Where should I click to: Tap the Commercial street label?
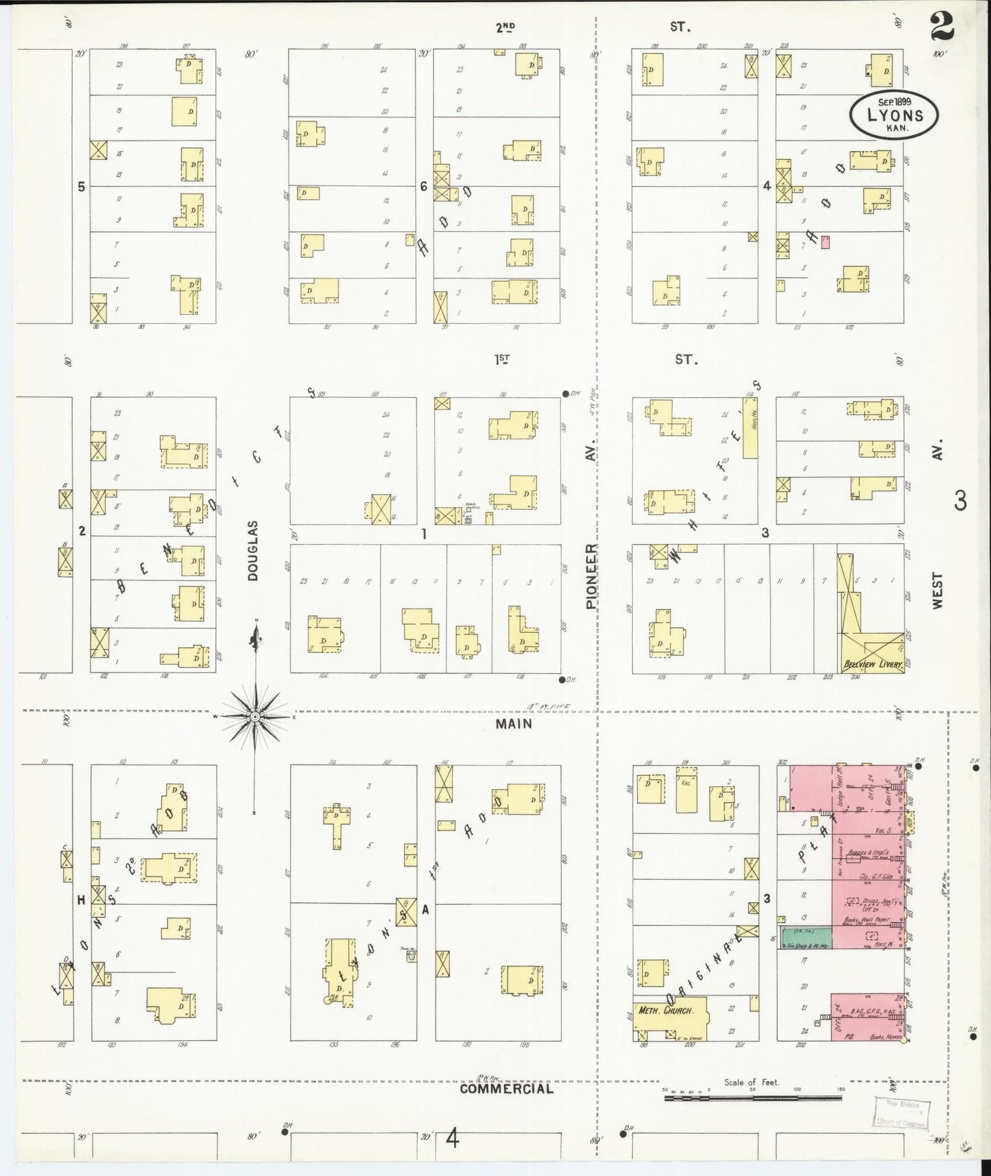point(506,1088)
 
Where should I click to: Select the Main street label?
point(515,724)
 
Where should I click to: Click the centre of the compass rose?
point(255,716)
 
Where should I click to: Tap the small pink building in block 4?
point(826,242)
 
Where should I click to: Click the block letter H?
point(81,901)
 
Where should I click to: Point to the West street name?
point(938,590)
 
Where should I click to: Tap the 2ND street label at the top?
point(505,27)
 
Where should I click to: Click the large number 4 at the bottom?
point(451,1140)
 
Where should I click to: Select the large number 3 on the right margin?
point(960,501)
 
